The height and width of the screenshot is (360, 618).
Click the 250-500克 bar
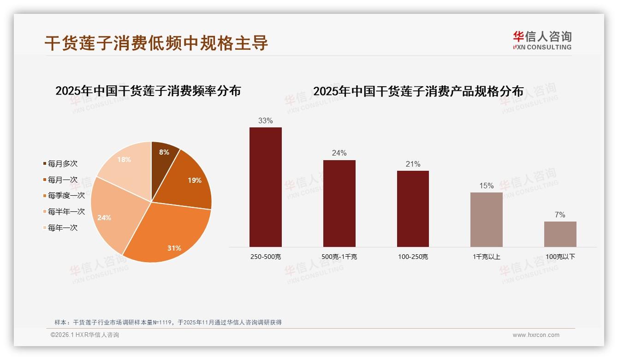tap(265, 187)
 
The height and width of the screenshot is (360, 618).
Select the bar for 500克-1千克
tap(339, 203)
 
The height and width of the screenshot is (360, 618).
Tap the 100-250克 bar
tap(413, 209)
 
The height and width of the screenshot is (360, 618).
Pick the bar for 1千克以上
tap(486, 219)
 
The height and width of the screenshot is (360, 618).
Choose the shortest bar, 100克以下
tap(560, 234)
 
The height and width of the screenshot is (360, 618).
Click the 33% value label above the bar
tap(265, 121)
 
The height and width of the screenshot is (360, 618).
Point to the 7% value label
tap(560, 215)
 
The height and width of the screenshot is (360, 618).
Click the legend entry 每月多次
tap(62, 164)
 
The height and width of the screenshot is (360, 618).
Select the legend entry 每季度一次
tap(66, 196)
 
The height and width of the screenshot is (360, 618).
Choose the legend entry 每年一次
tap(62, 228)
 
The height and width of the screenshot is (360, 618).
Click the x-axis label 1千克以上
tap(486, 257)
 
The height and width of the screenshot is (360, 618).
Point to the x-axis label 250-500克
tap(265, 257)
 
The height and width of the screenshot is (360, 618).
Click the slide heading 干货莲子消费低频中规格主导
tap(156, 43)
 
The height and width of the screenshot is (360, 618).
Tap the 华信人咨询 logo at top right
tap(542, 40)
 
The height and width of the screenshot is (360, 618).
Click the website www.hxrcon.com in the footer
tap(536, 335)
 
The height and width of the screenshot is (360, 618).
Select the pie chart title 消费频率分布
tap(148, 91)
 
